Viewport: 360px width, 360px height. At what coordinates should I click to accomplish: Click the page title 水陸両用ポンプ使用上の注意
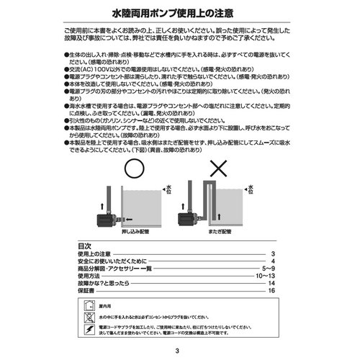click(x=179, y=13)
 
